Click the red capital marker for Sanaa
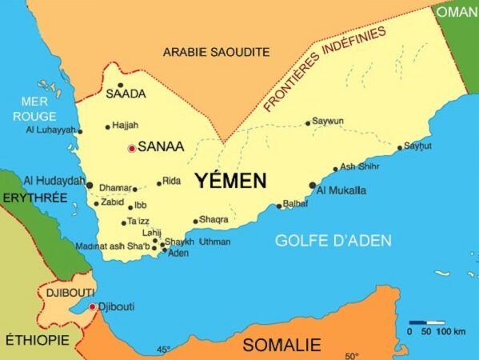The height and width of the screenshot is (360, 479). pos(132,148)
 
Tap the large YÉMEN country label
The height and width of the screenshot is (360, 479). pos(231,181)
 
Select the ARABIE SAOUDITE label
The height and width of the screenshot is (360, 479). pos(217,52)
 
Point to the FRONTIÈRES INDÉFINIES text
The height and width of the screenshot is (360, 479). pos(325,68)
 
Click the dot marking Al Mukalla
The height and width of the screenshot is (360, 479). pos(312,185)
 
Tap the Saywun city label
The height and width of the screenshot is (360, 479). pos(328,122)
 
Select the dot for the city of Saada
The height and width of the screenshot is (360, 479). pos(120,85)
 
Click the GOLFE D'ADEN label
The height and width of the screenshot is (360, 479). pos(333,240)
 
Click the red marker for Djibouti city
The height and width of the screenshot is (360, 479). pos(92,306)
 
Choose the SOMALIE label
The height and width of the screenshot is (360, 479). pos(281,346)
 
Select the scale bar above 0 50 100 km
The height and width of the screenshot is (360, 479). pos(426,322)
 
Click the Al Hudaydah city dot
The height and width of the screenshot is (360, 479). pos(90,185)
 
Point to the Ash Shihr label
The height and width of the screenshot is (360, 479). pos(359,166)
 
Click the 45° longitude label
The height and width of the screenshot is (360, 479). pos(163,350)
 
